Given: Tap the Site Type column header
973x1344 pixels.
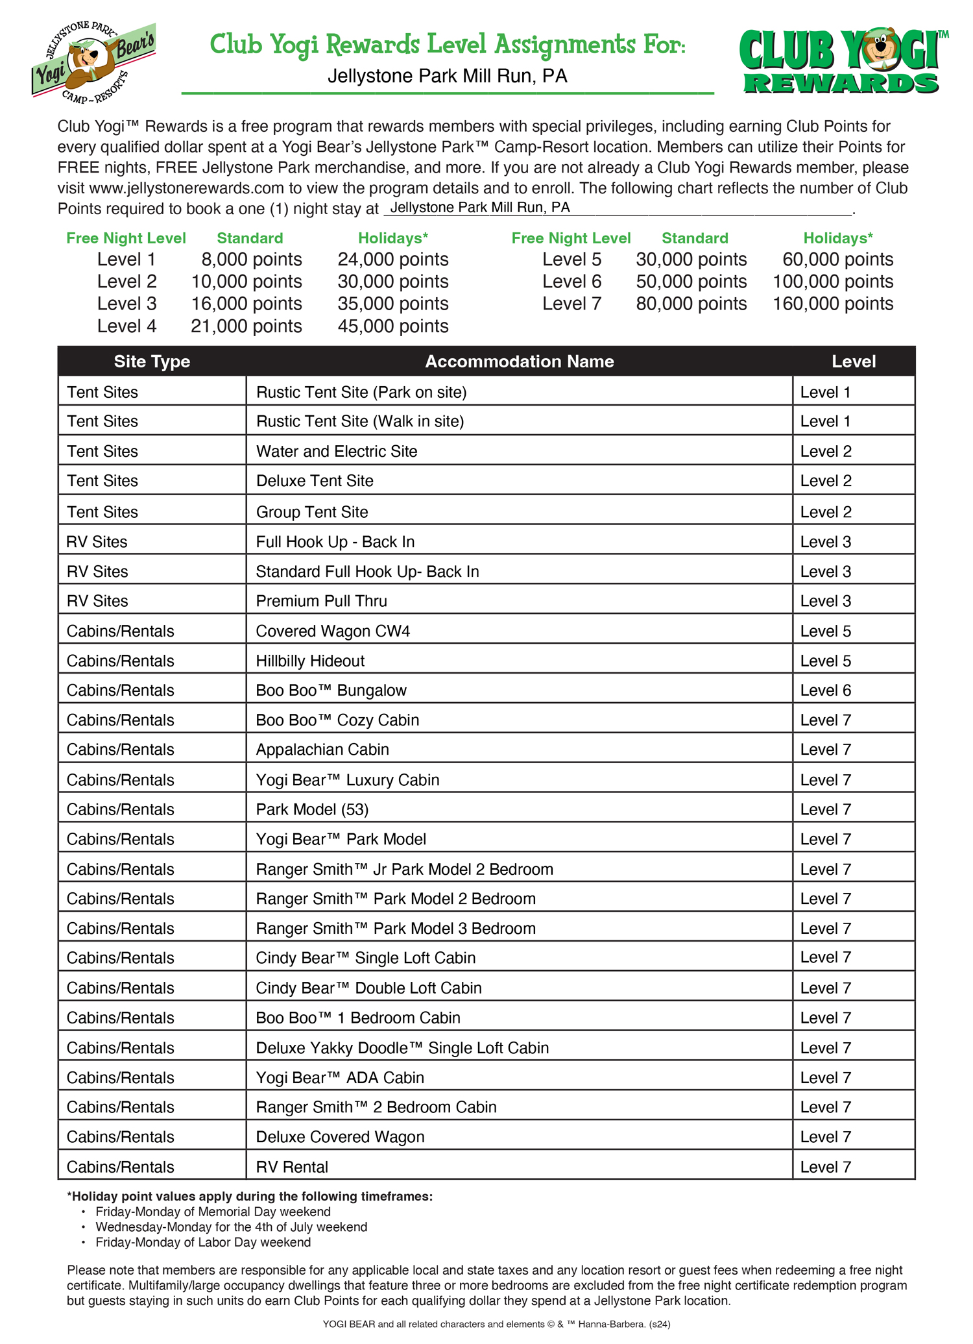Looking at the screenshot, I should [x=152, y=361].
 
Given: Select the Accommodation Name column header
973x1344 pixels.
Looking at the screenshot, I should [x=519, y=361].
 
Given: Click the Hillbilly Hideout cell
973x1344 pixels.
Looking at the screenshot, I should [x=310, y=661].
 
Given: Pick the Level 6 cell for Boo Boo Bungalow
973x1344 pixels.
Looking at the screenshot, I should [x=825, y=690].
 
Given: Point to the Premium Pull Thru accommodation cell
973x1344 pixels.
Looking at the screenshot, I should [x=321, y=601].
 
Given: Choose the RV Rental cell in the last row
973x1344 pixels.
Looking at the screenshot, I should [x=292, y=1167].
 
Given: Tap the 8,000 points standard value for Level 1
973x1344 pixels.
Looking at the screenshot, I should [x=251, y=260].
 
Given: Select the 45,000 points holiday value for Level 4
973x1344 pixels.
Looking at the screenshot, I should [x=392, y=326].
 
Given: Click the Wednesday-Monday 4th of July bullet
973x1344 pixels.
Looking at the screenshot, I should [x=231, y=1227].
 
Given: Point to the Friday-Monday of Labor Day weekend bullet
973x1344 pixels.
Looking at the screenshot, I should [x=202, y=1242].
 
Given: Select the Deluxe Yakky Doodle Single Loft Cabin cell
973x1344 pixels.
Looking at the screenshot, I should [x=402, y=1048].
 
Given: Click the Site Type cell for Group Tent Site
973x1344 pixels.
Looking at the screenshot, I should [x=102, y=512].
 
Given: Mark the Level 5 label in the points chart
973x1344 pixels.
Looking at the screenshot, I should [x=571, y=260].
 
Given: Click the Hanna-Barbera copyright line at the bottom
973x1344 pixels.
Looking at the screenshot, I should [x=496, y=1324].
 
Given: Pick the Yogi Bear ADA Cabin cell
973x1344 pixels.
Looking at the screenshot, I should [x=340, y=1078].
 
